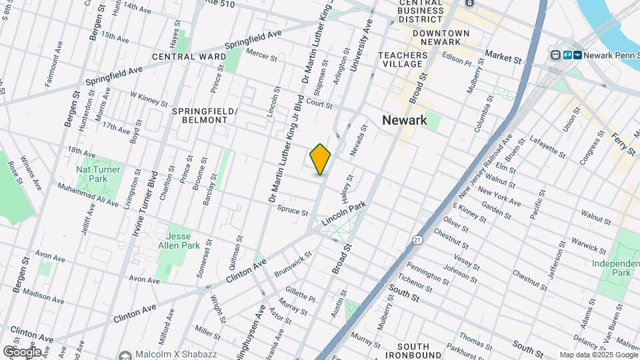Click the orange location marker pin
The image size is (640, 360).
point(320,159)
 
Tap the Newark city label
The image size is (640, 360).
point(404,120)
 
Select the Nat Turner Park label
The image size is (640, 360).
point(98,174)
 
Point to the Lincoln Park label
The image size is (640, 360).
point(345,215)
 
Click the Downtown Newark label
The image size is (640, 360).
point(440,38)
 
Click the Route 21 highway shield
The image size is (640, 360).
point(417,239)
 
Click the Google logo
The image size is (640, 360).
point(21,352)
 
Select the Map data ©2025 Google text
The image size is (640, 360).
point(598,355)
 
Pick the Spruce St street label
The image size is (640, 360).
point(293,212)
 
